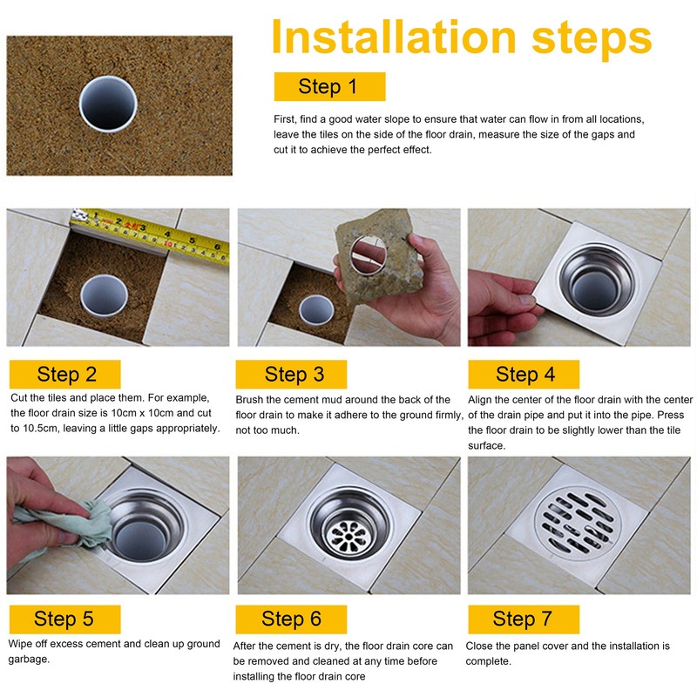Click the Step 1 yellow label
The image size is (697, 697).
[328, 86]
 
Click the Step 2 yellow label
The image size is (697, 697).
[66, 375]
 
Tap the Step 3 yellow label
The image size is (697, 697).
[294, 375]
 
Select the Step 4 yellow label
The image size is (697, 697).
[524, 375]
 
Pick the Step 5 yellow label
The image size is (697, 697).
[64, 619]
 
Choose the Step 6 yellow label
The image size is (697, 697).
[291, 619]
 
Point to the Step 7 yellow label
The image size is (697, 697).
[523, 619]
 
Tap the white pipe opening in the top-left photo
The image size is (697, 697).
[108, 103]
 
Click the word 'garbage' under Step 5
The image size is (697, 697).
[30, 660]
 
